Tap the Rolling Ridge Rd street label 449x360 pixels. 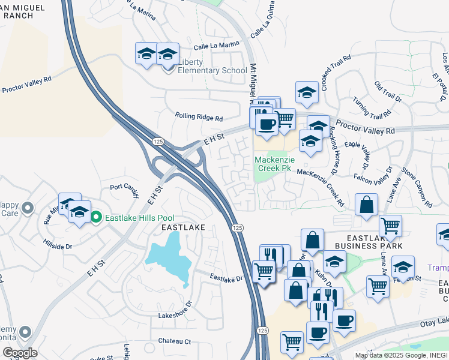199,117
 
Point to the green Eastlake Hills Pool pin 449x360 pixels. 97,218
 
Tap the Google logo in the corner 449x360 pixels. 20,353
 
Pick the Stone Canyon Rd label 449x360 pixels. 417,188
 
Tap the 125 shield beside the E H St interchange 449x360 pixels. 158,141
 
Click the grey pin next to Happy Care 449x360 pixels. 26,209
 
